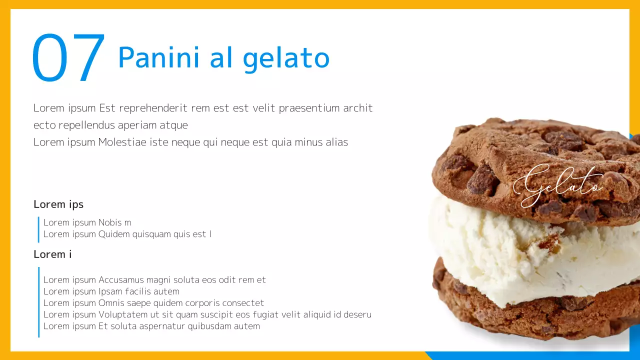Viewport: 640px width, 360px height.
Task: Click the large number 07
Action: (x=68, y=58)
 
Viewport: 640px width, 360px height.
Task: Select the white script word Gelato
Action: (x=558, y=184)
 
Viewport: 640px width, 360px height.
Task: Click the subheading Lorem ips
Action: (x=58, y=204)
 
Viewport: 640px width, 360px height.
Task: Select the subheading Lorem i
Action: (x=52, y=254)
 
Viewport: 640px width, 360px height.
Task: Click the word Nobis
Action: (x=109, y=222)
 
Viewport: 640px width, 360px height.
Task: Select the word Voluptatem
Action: (x=124, y=314)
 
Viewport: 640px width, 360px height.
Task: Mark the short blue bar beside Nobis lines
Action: (x=38, y=229)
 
